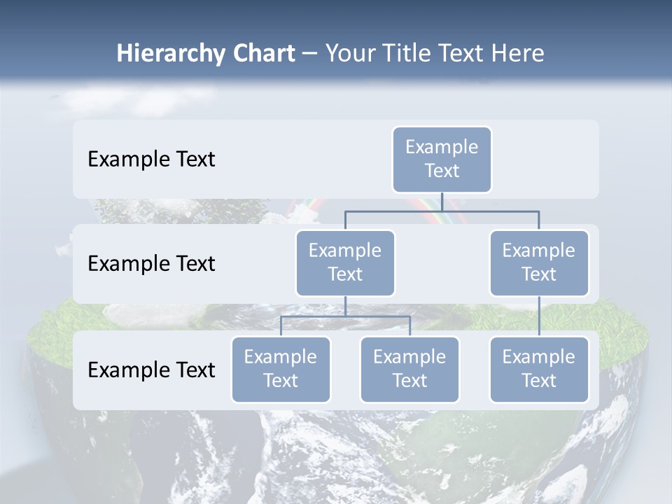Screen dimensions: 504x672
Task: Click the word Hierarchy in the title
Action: pos(162,54)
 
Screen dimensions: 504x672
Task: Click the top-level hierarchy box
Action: pos(442,159)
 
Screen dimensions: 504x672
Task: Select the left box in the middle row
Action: pos(345,262)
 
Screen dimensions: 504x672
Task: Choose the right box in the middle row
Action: pos(539,262)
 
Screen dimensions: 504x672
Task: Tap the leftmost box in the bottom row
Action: pos(281,369)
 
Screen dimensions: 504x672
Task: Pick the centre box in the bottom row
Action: pos(409,369)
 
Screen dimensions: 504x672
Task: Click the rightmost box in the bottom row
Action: pos(539,369)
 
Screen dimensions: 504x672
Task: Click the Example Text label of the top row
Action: pos(151,160)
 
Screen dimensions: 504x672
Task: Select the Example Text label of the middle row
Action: pos(151,264)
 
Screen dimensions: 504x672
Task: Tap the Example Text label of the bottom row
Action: pos(151,370)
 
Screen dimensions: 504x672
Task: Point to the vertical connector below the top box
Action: pos(442,202)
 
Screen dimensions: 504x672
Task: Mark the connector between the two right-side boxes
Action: pos(539,316)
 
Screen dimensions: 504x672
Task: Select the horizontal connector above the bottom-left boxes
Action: pos(345,316)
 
